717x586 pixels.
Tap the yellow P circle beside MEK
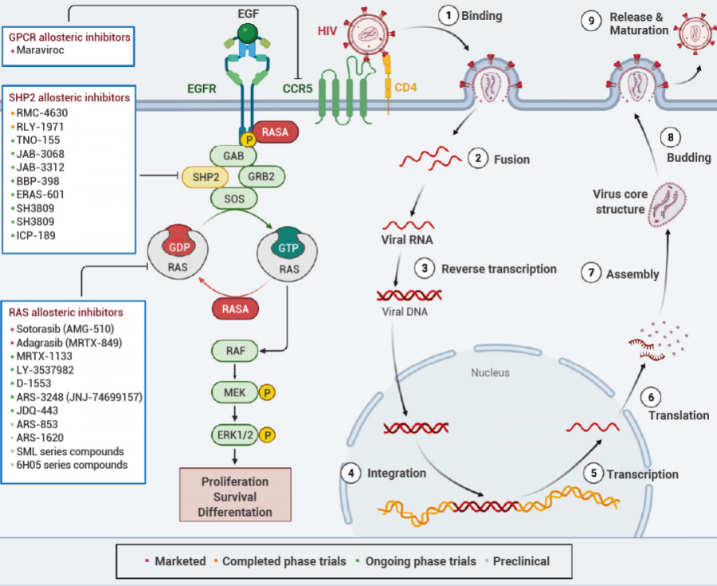[268, 392]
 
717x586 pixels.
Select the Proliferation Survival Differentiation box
[235, 497]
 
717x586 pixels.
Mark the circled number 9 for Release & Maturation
[590, 22]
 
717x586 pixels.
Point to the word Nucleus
[489, 372]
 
